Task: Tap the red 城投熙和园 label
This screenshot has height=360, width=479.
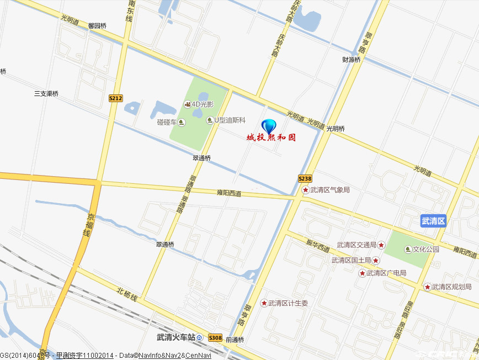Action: coord(271,137)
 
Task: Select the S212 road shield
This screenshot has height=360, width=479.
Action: coord(115,98)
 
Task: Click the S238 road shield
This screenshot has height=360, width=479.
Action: coord(305,178)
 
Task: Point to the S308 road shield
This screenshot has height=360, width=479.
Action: coord(215,337)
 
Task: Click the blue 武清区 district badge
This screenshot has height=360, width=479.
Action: coord(433,221)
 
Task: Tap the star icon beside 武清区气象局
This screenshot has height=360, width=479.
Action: coord(305,190)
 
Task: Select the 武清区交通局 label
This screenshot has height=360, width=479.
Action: coord(356,245)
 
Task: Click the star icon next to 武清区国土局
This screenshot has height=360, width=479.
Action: coord(376,260)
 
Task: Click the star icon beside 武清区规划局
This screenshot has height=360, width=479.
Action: coord(427,287)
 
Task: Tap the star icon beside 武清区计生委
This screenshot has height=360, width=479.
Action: coord(264,303)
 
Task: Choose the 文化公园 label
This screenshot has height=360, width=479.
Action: coord(426,249)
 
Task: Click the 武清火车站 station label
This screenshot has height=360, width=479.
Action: coord(176,337)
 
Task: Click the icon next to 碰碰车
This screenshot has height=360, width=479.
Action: coord(182,122)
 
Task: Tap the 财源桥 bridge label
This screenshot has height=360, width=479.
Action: coord(351,60)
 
